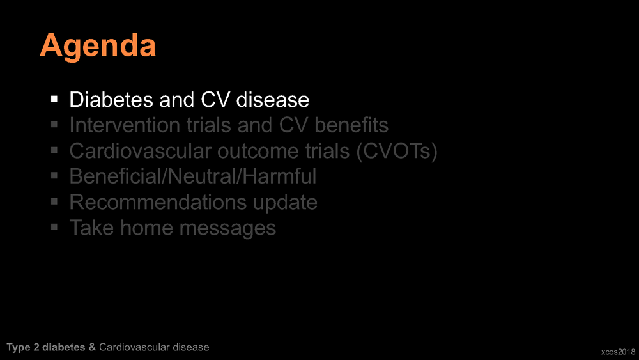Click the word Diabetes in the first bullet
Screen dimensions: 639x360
coord(111,100)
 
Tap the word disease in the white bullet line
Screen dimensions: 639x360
coord(273,100)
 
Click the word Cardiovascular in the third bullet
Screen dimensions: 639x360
coord(140,151)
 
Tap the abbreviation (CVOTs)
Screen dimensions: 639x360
coord(397,151)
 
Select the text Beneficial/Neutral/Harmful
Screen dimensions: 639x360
coord(193,176)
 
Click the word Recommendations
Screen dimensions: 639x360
coord(158,202)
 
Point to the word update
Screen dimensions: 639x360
coord(285,203)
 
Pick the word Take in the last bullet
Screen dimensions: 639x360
coord(91,228)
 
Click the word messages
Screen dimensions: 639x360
coord(228,228)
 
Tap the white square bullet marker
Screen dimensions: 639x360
coord(54,99)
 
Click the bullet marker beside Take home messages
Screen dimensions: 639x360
coord(54,227)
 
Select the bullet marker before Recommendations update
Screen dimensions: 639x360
coord(54,201)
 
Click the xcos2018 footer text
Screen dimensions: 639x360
coord(618,352)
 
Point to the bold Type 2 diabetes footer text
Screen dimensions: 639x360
coord(46,347)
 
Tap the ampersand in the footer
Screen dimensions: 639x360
coord(92,347)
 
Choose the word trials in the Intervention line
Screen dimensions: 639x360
coord(209,125)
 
